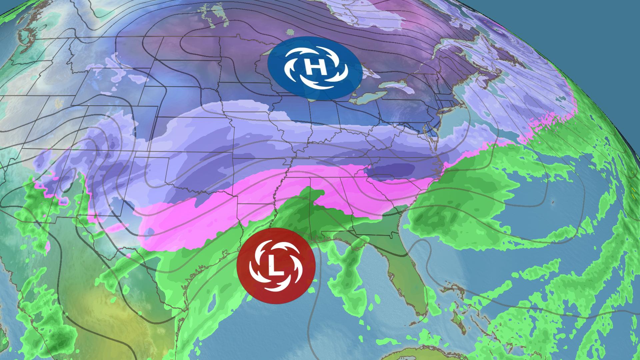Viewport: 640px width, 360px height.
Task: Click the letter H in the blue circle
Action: point(315,68)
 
